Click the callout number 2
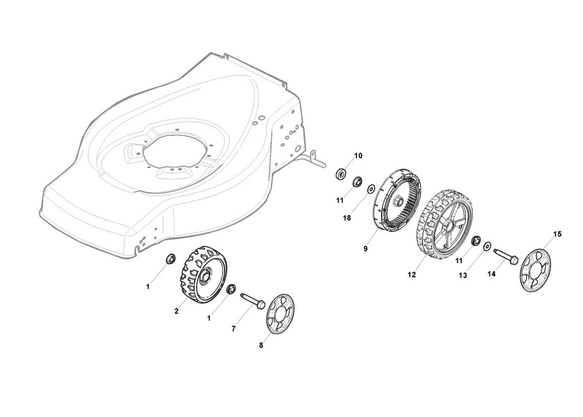point(176,311)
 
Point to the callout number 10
point(358,156)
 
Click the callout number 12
point(412,275)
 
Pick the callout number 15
point(557,233)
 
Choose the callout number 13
point(463,276)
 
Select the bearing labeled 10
point(340,175)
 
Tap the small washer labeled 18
point(371,189)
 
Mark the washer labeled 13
point(487,247)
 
